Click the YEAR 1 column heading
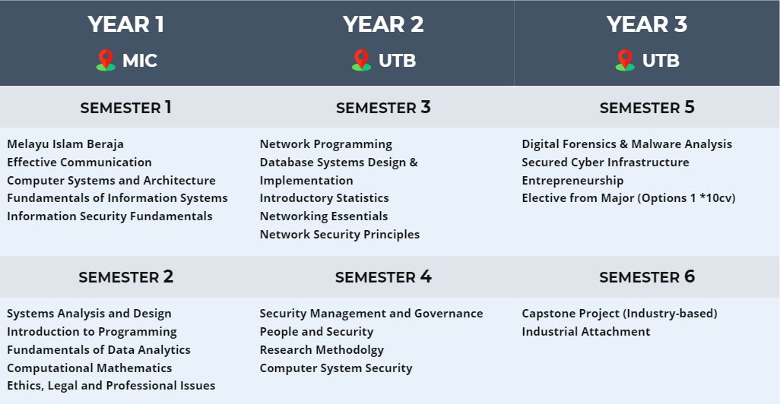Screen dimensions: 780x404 [126, 24]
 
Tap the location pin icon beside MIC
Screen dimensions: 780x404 [106, 60]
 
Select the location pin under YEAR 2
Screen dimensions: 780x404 [361, 60]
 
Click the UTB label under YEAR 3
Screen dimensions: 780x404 [661, 61]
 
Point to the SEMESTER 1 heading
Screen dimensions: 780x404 [126, 107]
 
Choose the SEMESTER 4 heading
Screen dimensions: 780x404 [383, 276]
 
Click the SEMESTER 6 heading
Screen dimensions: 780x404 [647, 276]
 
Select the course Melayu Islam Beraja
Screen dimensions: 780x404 [65, 144]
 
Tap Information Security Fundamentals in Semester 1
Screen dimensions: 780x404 [109, 216]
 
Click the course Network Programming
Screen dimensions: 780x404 [326, 144]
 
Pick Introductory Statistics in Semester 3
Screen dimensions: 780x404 [325, 197]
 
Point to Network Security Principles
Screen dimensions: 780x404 [340, 234]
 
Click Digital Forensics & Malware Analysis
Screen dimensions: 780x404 [626, 144]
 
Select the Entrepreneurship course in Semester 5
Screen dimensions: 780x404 [572, 181]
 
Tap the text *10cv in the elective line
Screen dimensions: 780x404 [718, 197]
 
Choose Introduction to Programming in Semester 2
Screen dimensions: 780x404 [91, 331]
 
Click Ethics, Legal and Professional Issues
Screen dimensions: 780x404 [111, 386]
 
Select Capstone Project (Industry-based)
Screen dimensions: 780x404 [620, 314]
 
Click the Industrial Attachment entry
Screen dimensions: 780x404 [586, 331]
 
